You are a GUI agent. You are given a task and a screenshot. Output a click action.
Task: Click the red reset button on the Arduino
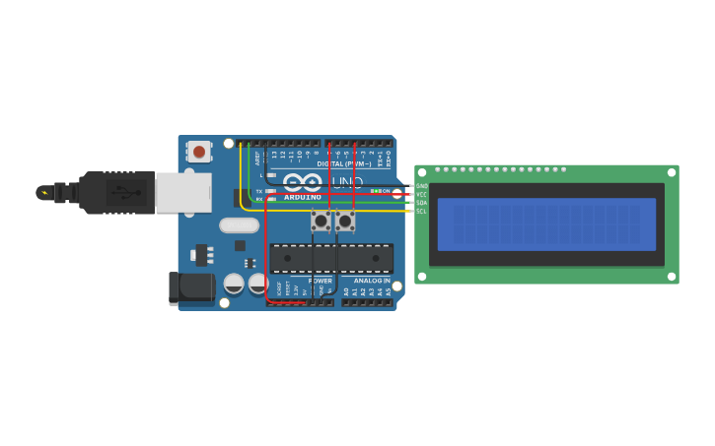[x=199, y=152]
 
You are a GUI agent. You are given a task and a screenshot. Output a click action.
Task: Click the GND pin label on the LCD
[x=422, y=186]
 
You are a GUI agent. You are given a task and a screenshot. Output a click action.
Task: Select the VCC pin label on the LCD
[x=422, y=194]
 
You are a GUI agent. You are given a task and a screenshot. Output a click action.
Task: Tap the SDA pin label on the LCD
[x=422, y=203]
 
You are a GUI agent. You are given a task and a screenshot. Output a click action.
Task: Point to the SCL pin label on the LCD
[x=422, y=211]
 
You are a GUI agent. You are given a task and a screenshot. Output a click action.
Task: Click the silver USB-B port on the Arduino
[x=183, y=193]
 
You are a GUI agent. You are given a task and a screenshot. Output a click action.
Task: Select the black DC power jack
[x=191, y=287]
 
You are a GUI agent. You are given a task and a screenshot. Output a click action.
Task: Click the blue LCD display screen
[x=546, y=224]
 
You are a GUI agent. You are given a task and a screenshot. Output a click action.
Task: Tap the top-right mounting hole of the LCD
[x=672, y=172]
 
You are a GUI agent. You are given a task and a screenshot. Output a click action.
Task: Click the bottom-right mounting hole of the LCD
[x=672, y=277]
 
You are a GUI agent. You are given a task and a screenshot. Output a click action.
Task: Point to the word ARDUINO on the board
[x=303, y=197]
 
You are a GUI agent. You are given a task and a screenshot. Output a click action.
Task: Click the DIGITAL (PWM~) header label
[x=344, y=163]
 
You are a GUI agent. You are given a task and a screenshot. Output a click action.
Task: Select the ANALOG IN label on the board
[x=372, y=281]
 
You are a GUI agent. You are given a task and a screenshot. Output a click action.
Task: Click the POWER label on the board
[x=320, y=281]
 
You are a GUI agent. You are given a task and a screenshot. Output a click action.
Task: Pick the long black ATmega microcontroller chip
[x=332, y=258]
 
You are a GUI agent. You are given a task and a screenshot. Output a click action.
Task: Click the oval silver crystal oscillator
[x=239, y=225]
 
